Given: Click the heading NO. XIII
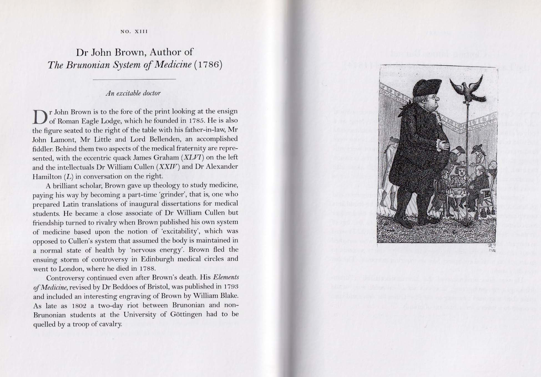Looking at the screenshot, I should pyautogui.click(x=134, y=32).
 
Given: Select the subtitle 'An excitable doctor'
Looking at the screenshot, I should pyautogui.click(x=133, y=93).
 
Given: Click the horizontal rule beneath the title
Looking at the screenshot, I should pyautogui.click(x=135, y=79).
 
